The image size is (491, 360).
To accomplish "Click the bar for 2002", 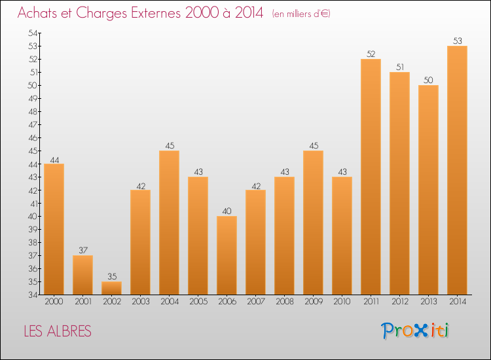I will pyautogui.click(x=111, y=288).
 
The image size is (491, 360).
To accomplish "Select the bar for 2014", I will pyautogui.click(x=457, y=170).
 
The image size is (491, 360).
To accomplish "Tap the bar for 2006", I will pyautogui.click(x=227, y=255).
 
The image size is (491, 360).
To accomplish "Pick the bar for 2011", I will pyautogui.click(x=371, y=177).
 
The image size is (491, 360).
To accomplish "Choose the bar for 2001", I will pyautogui.click(x=82, y=275).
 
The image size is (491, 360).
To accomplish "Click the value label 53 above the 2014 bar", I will pyautogui.click(x=457, y=41).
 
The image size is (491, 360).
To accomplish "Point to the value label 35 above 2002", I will pyautogui.click(x=111, y=277).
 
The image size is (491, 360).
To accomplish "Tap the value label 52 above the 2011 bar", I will pyautogui.click(x=371, y=54).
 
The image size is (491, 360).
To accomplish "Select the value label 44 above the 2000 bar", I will pyautogui.click(x=54, y=159).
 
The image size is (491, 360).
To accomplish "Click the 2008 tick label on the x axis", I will pyautogui.click(x=284, y=302).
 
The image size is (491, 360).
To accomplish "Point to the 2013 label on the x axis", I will pyautogui.click(x=428, y=302).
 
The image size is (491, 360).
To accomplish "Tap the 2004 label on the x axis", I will pyautogui.click(x=169, y=302).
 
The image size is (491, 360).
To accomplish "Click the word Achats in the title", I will pyautogui.click(x=39, y=13).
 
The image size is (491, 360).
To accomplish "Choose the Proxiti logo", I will pyautogui.click(x=415, y=331).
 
